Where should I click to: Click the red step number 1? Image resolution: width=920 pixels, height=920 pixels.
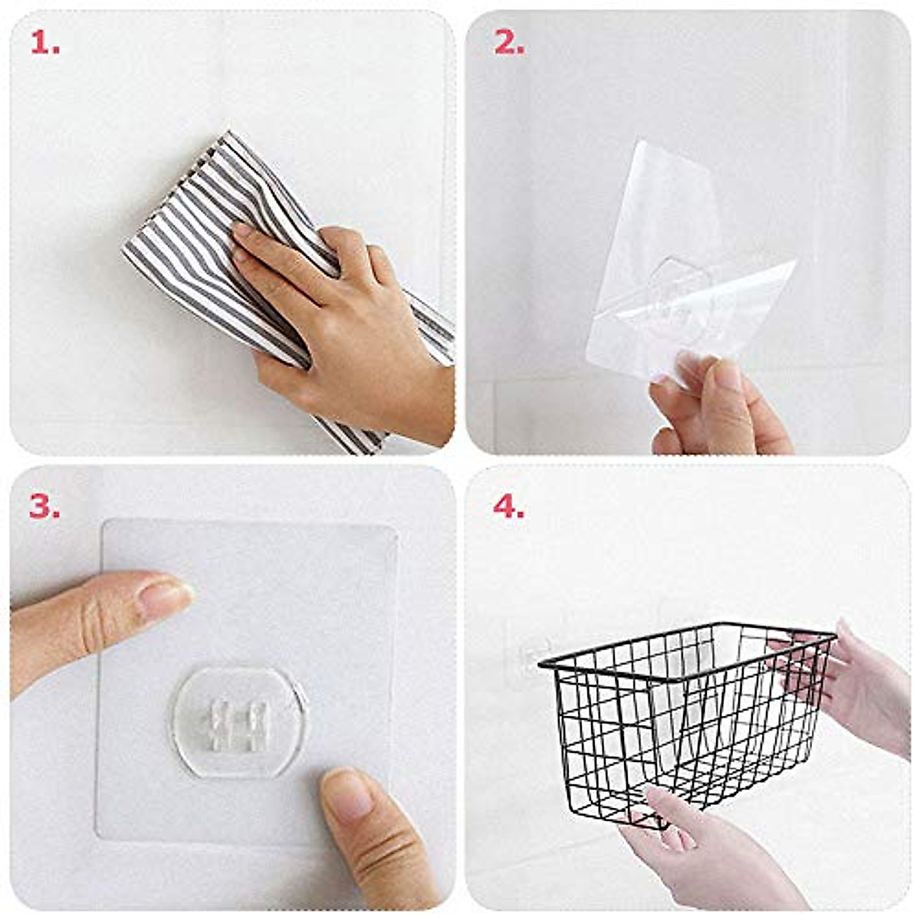(44, 44)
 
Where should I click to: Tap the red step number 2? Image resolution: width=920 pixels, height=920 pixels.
(508, 44)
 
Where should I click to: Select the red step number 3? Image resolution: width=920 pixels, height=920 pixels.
(44, 507)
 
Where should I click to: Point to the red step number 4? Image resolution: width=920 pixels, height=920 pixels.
(508, 507)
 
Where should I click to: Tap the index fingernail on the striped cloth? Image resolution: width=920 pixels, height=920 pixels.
(243, 230)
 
